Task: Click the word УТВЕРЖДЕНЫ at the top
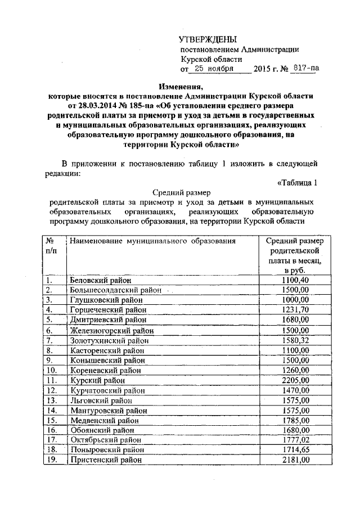click(x=208, y=39)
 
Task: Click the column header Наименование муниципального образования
click(x=151, y=241)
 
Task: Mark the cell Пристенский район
click(x=105, y=460)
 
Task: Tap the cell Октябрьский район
click(x=105, y=440)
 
